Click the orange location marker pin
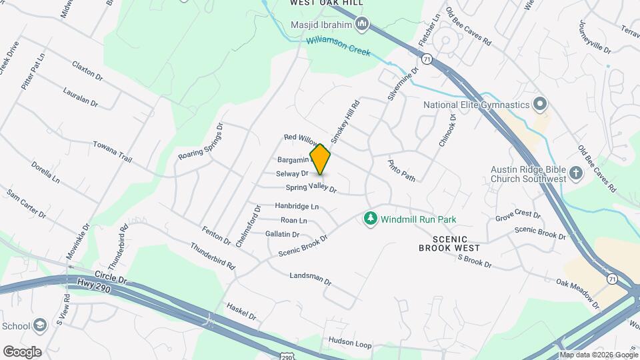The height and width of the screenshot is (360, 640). click(321, 159)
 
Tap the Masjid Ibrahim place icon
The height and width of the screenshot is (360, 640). click(363, 25)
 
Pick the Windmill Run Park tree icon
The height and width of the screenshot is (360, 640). click(369, 219)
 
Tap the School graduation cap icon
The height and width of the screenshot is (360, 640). click(40, 326)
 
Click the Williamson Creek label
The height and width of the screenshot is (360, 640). click(338, 46)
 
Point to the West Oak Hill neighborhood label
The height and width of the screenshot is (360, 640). click(326, 3)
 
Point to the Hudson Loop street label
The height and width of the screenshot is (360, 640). click(349, 344)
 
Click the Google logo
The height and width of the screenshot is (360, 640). click(22, 351)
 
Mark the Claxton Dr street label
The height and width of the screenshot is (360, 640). click(88, 71)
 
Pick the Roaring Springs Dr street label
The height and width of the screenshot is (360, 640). click(201, 141)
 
